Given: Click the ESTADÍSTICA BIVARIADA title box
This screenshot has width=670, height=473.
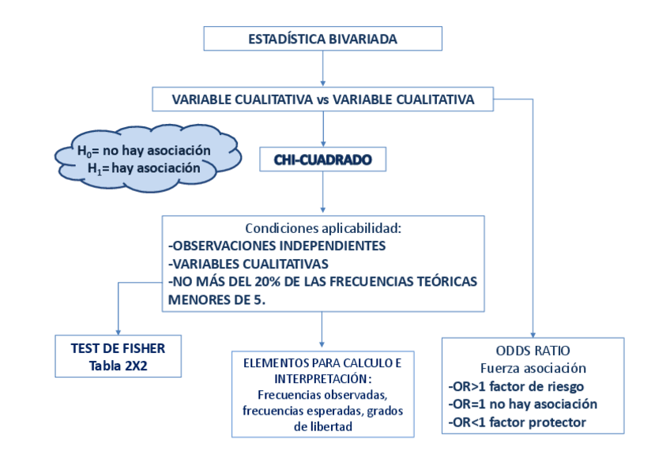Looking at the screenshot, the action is tap(322, 38).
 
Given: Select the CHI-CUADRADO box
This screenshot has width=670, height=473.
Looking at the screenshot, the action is tap(322, 160).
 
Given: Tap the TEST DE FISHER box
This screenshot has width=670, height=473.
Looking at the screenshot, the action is tap(118, 355).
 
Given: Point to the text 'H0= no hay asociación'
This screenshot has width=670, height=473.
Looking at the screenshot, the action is tap(144, 150).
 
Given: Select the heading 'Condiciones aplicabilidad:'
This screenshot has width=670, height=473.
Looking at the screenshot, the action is tap(323, 227).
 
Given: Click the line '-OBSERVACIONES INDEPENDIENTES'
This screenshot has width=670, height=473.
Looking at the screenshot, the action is tap(277, 246).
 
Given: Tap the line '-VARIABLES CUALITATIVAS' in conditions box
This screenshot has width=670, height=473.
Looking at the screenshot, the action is tap(249, 264).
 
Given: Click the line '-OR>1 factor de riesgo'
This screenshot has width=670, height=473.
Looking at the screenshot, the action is tap(515, 386).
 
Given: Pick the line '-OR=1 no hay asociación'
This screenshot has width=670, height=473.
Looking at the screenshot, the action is tap(521, 404).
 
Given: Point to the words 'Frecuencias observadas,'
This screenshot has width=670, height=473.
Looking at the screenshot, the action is tap(322, 394).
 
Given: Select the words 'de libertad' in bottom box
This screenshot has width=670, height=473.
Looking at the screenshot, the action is tap(322, 426).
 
